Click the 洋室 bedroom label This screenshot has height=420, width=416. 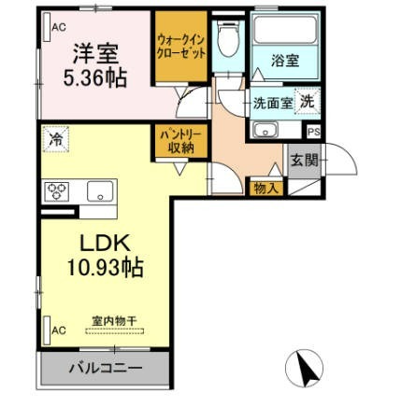(x=95, y=53)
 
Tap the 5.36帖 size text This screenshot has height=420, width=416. (x=95, y=77)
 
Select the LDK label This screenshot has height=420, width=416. (x=105, y=243)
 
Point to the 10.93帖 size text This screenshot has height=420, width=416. (x=106, y=267)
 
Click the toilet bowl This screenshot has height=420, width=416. (x=228, y=39)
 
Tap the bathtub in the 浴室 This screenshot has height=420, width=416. (x=285, y=30)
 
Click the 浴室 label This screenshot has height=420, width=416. (x=285, y=61)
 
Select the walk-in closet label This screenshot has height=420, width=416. (x=181, y=47)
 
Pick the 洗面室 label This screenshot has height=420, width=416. (x=273, y=103)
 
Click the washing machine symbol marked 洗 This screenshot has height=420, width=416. (x=308, y=102)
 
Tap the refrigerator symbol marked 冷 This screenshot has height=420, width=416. (x=56, y=139)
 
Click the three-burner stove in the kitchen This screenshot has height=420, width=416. (x=57, y=191)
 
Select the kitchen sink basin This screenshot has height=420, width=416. (x=100, y=191)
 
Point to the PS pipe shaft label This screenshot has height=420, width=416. (x=314, y=132)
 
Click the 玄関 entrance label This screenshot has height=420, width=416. (x=305, y=161)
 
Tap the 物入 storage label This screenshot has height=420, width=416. (x=265, y=189)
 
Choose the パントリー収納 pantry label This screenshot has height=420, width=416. (x=180, y=142)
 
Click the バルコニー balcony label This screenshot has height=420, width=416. (x=106, y=369)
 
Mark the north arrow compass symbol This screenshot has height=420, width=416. (x=304, y=369)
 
